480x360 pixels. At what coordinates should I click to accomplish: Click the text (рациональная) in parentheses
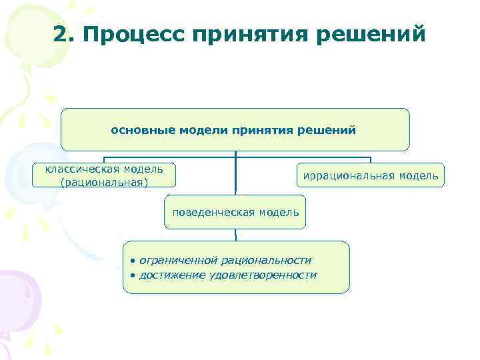pos(104,182)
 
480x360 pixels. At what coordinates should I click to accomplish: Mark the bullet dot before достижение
pos(133,275)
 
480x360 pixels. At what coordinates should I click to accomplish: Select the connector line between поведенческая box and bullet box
pos(235,235)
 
